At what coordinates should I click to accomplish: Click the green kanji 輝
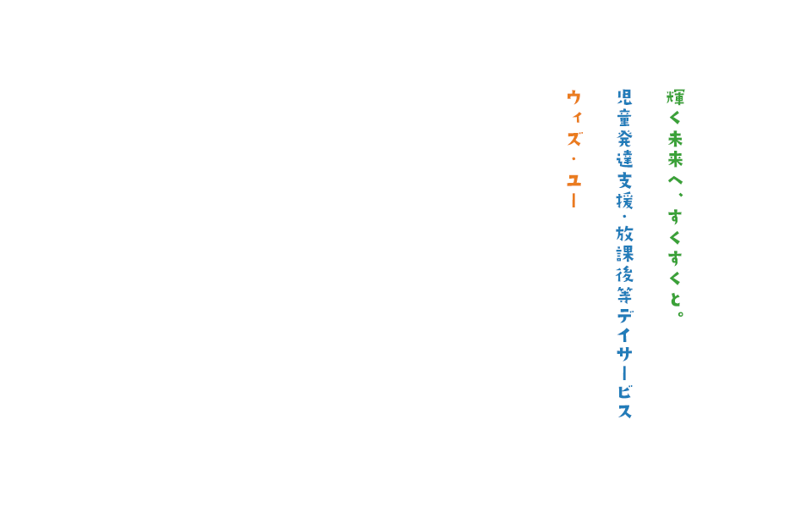point(675,97)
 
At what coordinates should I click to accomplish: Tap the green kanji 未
point(675,138)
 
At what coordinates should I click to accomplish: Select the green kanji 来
point(675,158)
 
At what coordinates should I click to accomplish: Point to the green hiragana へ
point(675,179)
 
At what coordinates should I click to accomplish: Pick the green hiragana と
point(675,298)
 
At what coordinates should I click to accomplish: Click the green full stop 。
point(679,314)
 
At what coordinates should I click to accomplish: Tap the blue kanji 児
point(625,97)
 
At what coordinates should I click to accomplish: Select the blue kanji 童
point(625,118)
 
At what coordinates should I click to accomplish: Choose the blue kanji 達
point(625,158)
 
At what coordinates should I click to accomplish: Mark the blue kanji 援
point(625,200)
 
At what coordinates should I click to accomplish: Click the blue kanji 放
point(625,233)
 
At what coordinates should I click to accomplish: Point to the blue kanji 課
point(625,253)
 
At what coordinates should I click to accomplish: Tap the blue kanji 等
point(625,295)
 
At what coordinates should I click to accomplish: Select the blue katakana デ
point(625,315)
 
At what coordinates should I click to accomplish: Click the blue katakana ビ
point(625,391)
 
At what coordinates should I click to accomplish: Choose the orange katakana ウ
point(574,97)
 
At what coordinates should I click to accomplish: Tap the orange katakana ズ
point(574,138)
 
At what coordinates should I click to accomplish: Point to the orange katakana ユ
point(574,179)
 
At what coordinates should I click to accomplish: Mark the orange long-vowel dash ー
point(574,200)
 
